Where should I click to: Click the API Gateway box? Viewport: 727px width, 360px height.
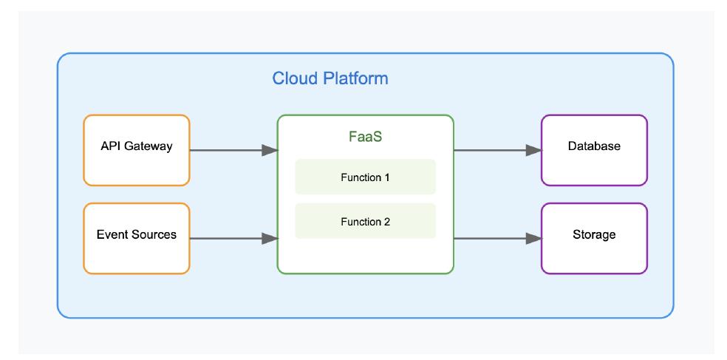pos(137,149)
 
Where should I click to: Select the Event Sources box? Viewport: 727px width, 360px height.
pos(137,238)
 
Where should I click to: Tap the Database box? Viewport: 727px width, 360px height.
pos(594,149)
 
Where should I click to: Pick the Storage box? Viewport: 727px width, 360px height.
pos(594,238)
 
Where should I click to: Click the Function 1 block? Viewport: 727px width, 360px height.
pos(365,177)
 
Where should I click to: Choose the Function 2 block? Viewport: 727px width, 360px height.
pos(365,222)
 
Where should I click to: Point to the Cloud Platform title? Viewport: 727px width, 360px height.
pos(330,78)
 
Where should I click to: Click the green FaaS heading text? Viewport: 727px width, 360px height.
pos(365,137)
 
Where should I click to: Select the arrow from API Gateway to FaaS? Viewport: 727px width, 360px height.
pos(229,150)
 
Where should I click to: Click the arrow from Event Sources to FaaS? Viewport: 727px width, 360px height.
pos(229,238)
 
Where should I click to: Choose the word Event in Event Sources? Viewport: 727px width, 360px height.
pos(112,235)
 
